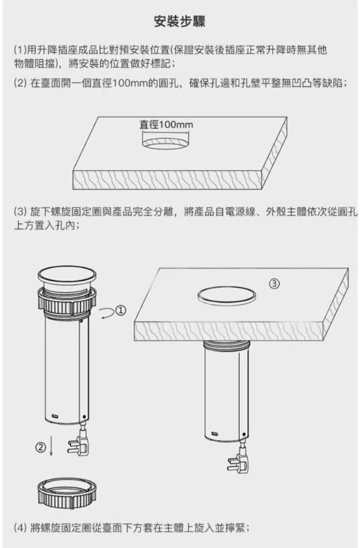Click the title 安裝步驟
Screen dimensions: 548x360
pos(179,22)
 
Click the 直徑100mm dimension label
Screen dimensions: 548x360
pos(167,124)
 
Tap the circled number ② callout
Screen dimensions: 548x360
pos(41,447)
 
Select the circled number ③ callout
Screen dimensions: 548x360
pos(275,283)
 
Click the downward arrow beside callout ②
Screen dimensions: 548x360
pos(52,447)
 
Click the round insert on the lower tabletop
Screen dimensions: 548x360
pos(225,294)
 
